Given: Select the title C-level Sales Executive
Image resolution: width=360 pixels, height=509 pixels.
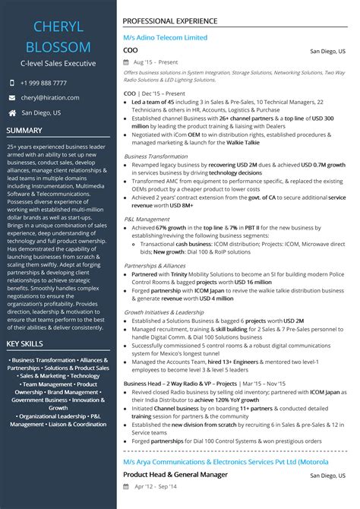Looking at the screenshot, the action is (58, 63).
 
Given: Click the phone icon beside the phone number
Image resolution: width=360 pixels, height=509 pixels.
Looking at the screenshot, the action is (11, 83).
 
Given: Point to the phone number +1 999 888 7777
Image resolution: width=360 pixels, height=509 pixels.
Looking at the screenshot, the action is (44, 83).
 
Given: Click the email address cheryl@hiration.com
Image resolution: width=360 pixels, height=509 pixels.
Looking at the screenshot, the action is (50, 97).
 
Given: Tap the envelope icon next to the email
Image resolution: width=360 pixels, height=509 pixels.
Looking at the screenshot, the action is (11, 97).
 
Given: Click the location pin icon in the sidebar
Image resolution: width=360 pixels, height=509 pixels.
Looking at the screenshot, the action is (11, 112).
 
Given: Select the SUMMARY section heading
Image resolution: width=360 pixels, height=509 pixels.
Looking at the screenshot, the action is (24, 130).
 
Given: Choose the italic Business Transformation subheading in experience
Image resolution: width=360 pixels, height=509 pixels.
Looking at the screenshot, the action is (155, 156).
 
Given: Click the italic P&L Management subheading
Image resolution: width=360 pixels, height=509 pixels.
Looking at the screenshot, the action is (147, 219).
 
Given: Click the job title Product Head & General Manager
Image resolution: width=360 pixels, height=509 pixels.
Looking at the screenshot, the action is (175, 476).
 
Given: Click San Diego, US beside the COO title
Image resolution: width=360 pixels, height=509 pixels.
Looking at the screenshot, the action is (328, 51).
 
